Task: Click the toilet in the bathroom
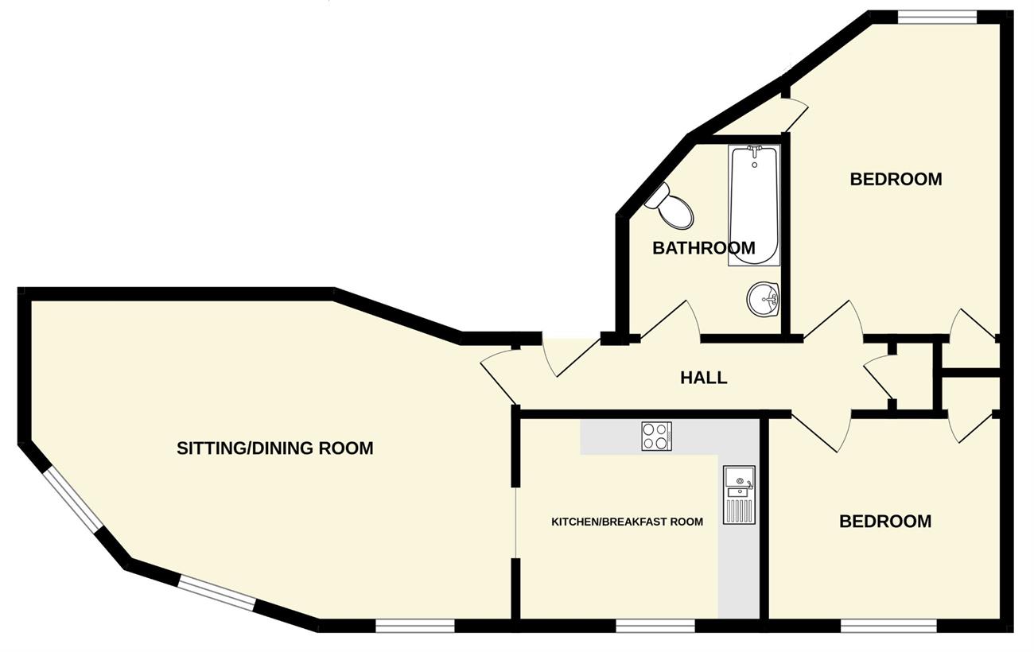point(671,206)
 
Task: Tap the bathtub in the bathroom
point(754,205)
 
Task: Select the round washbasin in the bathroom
point(763,300)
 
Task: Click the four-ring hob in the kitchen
point(656,436)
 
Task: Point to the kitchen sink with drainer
point(739,495)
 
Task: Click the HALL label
point(703,378)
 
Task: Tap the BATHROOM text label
point(703,248)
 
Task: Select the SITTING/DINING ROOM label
point(275,448)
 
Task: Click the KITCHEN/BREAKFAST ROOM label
point(627,522)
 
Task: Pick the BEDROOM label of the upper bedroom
point(896,179)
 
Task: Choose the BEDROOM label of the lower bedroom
point(885,522)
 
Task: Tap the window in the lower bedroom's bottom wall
point(888,626)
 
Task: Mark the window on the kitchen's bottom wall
point(655,626)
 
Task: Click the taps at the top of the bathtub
point(754,150)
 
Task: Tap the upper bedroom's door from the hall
point(834,321)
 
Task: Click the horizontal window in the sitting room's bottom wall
point(415,626)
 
